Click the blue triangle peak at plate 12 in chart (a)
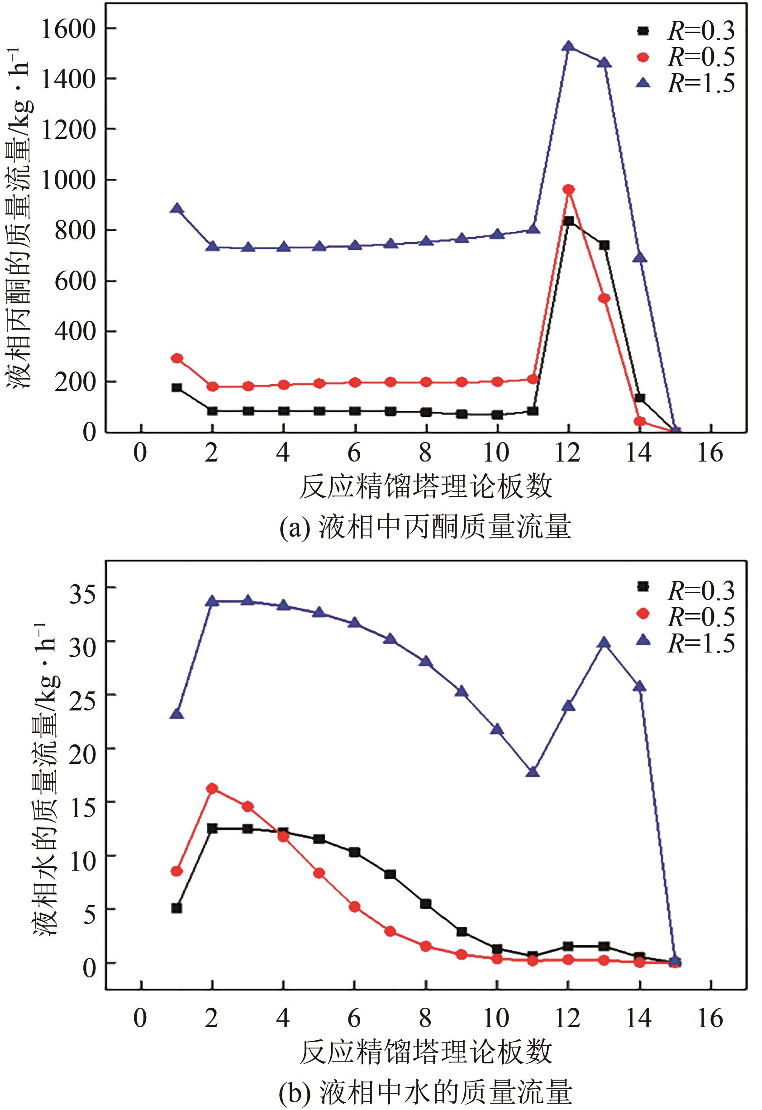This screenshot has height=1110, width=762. [568, 46]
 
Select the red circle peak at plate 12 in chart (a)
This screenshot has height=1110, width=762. [568, 190]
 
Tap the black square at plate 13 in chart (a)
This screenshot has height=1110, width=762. [604, 245]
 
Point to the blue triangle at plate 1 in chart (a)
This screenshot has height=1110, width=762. [177, 209]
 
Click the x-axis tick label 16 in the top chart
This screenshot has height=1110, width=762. [710, 453]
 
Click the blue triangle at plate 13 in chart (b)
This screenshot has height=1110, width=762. [604, 643]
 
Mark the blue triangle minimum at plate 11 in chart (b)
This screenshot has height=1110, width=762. [533, 772]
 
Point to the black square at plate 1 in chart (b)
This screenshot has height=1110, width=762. [177, 907]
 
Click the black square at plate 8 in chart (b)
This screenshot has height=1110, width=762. [425, 904]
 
